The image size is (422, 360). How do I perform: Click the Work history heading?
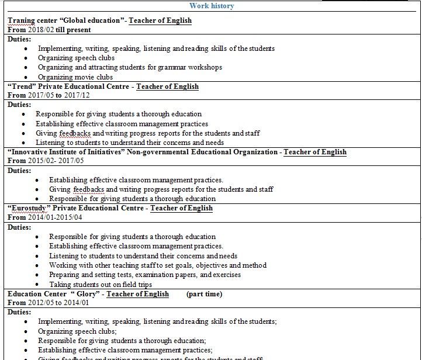[x=212, y=6]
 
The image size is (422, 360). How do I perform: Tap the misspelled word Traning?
[x=21, y=20]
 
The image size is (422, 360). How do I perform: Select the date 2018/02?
[x=41, y=30]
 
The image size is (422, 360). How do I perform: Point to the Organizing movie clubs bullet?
[x=75, y=77]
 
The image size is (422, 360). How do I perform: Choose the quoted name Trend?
[x=22, y=86]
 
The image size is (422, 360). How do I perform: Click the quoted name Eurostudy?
[x=29, y=208]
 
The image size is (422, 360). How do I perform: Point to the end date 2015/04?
[x=70, y=217]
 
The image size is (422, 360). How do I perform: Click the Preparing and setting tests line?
[x=144, y=275]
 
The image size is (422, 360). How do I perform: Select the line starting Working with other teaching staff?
[x=157, y=265]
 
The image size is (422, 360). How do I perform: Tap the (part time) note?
[x=204, y=294]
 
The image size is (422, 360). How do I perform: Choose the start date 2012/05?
[x=41, y=303]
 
